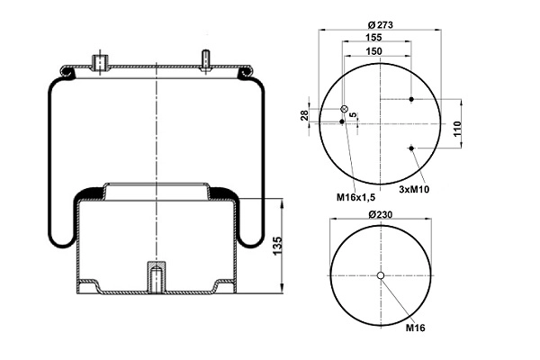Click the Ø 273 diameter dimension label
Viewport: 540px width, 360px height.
click(380, 25)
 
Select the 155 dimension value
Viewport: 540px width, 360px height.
click(373, 37)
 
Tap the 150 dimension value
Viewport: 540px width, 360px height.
click(373, 51)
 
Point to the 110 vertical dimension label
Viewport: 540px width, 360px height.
click(457, 129)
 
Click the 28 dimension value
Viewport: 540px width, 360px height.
click(304, 115)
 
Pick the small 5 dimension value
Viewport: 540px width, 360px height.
click(353, 114)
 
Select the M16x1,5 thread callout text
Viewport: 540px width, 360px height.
click(355, 197)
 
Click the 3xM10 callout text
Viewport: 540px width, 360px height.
click(414, 189)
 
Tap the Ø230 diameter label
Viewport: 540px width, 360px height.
click(380, 215)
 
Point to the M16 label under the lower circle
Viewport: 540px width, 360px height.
click(415, 328)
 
